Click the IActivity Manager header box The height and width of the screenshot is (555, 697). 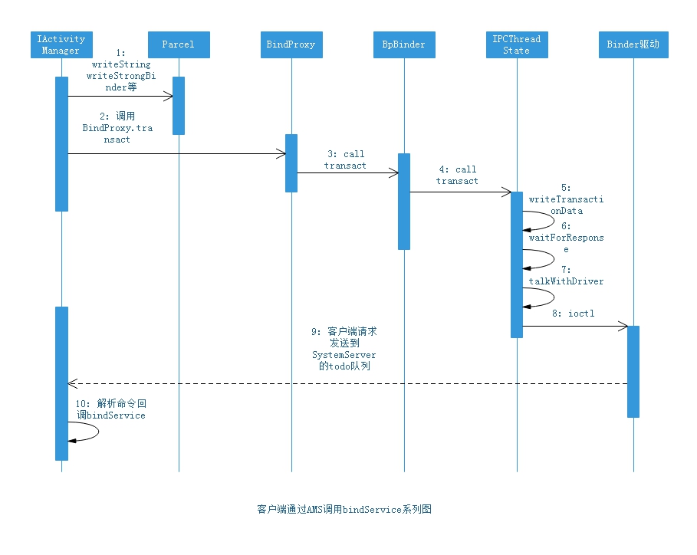61,44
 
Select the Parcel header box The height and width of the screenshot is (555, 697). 178,44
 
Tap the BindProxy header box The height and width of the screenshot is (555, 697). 291,44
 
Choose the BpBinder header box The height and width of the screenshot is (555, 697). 403,44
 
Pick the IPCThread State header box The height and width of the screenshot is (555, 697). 517,44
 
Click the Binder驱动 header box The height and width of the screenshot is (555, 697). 633,44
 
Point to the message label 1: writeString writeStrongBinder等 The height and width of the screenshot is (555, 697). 121,71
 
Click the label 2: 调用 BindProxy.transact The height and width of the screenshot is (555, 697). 117,128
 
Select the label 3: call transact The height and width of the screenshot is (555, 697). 345,159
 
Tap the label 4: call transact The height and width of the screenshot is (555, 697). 457,175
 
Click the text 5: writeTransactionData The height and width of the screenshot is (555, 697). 566,199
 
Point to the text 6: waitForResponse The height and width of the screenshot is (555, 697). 566,238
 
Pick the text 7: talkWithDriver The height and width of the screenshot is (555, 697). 566,276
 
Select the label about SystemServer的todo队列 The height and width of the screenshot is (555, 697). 344,350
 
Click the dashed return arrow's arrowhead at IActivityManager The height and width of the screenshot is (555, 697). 71,383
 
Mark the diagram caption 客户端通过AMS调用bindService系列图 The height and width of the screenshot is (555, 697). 344,509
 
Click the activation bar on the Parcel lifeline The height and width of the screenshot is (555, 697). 178,106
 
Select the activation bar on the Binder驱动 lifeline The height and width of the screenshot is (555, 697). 633,371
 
